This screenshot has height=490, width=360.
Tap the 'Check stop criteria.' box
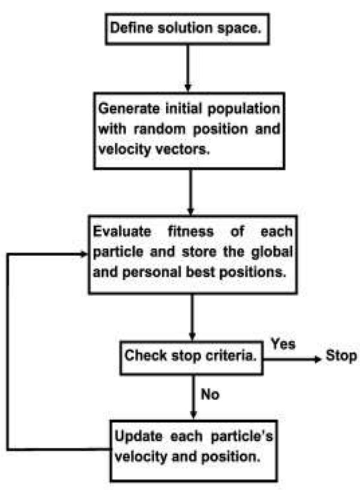192,356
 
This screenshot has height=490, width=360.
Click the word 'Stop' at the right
341,356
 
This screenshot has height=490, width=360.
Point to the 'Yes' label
283,344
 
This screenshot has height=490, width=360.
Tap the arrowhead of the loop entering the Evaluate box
85,254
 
